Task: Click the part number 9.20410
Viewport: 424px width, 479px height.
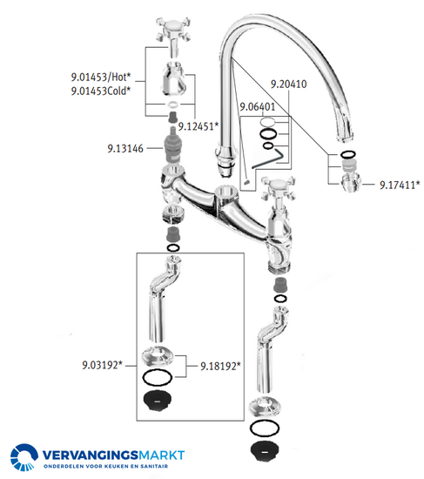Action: (289, 84)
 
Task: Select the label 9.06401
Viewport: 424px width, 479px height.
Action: (257, 107)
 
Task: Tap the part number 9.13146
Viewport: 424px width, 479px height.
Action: (125, 148)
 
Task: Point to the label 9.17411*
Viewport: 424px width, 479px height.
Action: (400, 185)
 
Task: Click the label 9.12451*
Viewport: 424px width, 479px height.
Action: (199, 126)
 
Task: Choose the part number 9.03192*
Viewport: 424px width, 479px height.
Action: (103, 365)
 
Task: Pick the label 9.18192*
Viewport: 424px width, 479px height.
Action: (220, 366)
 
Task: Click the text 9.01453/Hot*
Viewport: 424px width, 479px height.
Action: (101, 77)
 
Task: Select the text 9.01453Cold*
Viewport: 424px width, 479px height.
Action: (101, 91)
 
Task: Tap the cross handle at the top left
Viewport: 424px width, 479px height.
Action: (173, 30)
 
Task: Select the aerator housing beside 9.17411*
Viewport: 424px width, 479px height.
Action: (351, 182)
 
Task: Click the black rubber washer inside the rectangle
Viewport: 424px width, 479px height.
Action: (158, 401)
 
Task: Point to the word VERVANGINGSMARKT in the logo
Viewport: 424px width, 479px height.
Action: (113, 455)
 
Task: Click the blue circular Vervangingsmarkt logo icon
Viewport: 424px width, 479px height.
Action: (24, 457)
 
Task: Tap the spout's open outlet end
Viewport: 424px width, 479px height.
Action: (346, 139)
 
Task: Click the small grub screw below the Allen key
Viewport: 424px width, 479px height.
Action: (247, 182)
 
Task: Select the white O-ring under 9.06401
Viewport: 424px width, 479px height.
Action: (267, 122)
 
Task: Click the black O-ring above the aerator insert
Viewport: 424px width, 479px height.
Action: (348, 154)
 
